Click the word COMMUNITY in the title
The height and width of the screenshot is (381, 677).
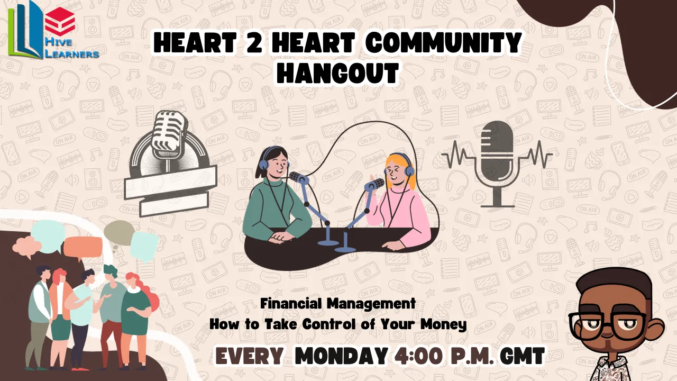click(x=445, y=43)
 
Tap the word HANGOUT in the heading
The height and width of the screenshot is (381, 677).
click(x=338, y=73)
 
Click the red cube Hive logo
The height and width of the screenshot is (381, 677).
click(x=60, y=22)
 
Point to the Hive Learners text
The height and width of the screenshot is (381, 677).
click(x=71, y=48)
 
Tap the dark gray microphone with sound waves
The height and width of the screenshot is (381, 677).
click(x=497, y=164)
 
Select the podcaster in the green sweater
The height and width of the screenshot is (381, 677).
click(x=277, y=196)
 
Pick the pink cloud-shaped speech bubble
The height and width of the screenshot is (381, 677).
click(x=26, y=247)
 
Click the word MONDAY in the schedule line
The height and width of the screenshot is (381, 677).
click(x=342, y=356)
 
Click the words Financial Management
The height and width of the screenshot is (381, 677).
click(x=338, y=304)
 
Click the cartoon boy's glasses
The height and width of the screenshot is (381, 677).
click(x=608, y=325)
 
